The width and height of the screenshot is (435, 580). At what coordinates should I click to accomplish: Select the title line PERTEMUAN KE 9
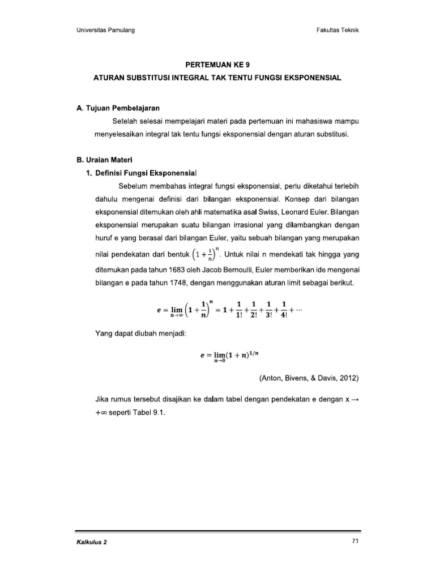[x=217, y=65]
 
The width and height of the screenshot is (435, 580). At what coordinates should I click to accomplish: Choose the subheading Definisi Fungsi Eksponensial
[x=144, y=172]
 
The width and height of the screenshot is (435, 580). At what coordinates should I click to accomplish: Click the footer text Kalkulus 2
[x=91, y=542]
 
